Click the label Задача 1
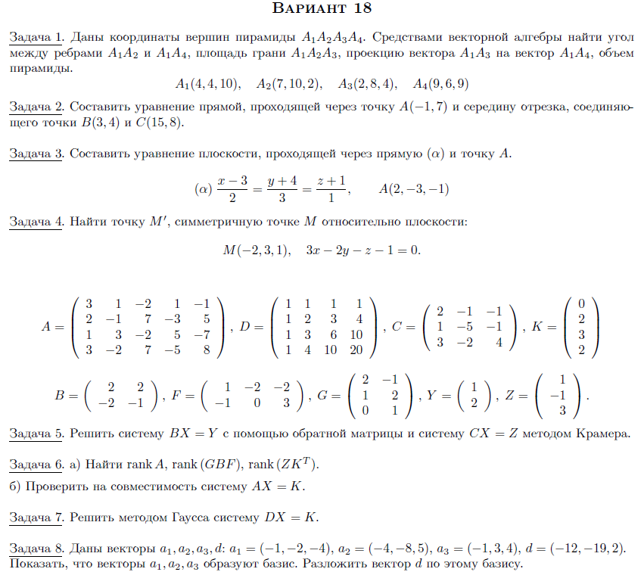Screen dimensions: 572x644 36,36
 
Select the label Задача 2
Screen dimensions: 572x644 36,107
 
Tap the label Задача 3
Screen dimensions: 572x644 36,154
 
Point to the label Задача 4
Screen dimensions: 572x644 36,222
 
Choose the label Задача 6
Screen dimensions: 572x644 36,464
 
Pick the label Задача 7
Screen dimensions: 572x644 36,518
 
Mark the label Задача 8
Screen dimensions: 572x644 36,547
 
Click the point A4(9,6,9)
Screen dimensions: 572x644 440,83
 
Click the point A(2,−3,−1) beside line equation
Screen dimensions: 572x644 413,188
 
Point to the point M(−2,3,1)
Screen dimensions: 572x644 256,250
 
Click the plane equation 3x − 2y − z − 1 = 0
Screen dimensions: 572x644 362,250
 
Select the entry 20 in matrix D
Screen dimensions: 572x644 356,350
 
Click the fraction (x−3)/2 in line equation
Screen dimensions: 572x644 232,188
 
